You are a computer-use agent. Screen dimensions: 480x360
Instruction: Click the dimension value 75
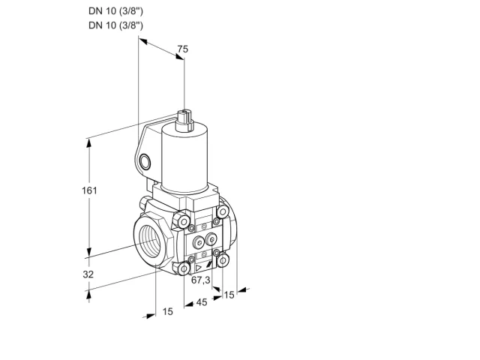[x=183, y=49]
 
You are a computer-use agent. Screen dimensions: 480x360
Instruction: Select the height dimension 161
[x=89, y=190]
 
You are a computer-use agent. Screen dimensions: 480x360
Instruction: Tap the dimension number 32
[x=88, y=274]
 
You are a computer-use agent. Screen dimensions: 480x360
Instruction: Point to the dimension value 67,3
[x=201, y=280]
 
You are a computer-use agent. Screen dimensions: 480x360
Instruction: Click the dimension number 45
[x=202, y=302]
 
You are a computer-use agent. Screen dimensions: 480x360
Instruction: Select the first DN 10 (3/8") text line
[x=115, y=11]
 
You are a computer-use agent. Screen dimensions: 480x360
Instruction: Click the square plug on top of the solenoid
[x=185, y=119]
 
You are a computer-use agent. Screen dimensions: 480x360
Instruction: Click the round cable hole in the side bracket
[x=145, y=162]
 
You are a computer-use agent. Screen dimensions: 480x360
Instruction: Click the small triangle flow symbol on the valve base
[x=198, y=268]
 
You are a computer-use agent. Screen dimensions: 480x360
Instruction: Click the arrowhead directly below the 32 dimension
[x=89, y=295]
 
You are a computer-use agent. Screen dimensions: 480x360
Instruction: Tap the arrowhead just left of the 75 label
[x=143, y=41]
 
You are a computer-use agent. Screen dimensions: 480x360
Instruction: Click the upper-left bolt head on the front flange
[x=183, y=222]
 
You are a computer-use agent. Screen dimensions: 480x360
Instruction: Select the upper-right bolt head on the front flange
[x=223, y=211]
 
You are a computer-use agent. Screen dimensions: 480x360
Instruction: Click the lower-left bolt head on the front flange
[x=184, y=269]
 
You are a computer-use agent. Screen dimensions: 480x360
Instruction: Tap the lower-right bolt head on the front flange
[x=223, y=260]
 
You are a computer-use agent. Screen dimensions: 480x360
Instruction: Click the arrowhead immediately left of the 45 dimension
[x=190, y=304]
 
